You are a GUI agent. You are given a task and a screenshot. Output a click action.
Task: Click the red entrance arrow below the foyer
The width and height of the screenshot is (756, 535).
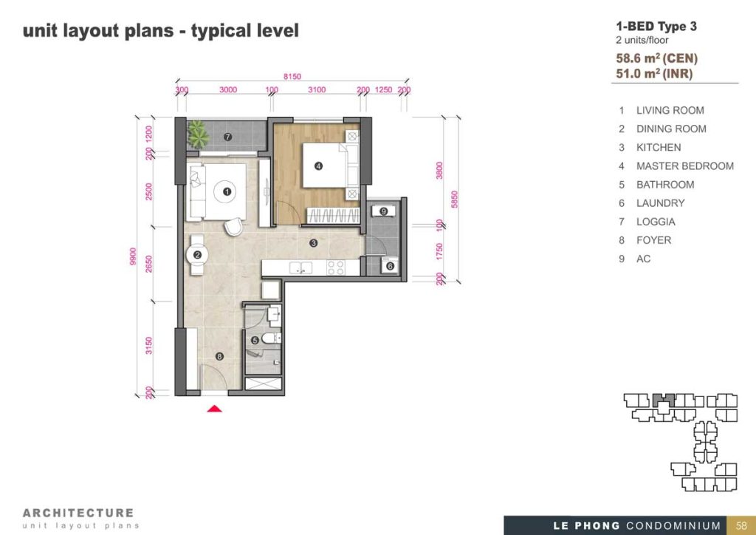tap(215, 409)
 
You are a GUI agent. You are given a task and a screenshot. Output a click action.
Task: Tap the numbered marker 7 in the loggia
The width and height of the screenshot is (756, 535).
tap(227, 137)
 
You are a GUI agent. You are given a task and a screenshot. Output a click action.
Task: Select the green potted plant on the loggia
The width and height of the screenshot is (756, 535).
tap(198, 134)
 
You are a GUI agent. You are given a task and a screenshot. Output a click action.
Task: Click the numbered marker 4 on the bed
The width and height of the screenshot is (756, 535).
tap(318, 166)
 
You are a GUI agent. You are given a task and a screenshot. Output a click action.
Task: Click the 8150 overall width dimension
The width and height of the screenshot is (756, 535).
tap(292, 76)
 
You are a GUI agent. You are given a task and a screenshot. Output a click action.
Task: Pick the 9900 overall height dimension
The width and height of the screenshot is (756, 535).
tap(133, 256)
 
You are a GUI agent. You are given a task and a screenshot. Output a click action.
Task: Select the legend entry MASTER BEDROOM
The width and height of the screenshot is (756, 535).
tap(684, 166)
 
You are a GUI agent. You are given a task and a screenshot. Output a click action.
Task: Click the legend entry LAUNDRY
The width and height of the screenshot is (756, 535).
tap(660, 203)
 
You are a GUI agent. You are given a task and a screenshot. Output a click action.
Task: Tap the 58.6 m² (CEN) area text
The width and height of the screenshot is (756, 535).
tap(656, 58)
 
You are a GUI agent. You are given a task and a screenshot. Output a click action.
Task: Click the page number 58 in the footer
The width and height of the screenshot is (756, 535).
tap(741, 525)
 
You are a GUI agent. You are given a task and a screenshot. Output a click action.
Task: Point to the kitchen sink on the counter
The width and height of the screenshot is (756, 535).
tap(301, 267)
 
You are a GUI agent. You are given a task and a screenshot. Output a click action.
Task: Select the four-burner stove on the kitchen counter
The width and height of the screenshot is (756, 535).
tap(336, 267)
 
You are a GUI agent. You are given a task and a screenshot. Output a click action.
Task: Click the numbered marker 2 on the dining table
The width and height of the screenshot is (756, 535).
tap(197, 255)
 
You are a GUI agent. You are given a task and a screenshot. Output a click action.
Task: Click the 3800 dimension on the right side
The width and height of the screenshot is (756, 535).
tap(439, 170)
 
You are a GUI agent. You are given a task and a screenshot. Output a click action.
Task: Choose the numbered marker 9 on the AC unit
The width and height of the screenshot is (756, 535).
tap(384, 211)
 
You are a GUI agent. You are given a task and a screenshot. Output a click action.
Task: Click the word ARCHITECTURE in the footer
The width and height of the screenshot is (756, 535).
tap(78, 513)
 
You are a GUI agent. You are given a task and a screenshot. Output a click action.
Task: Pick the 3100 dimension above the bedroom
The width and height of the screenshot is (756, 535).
tap(317, 89)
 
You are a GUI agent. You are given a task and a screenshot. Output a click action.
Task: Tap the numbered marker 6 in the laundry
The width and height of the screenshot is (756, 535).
tap(390, 266)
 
